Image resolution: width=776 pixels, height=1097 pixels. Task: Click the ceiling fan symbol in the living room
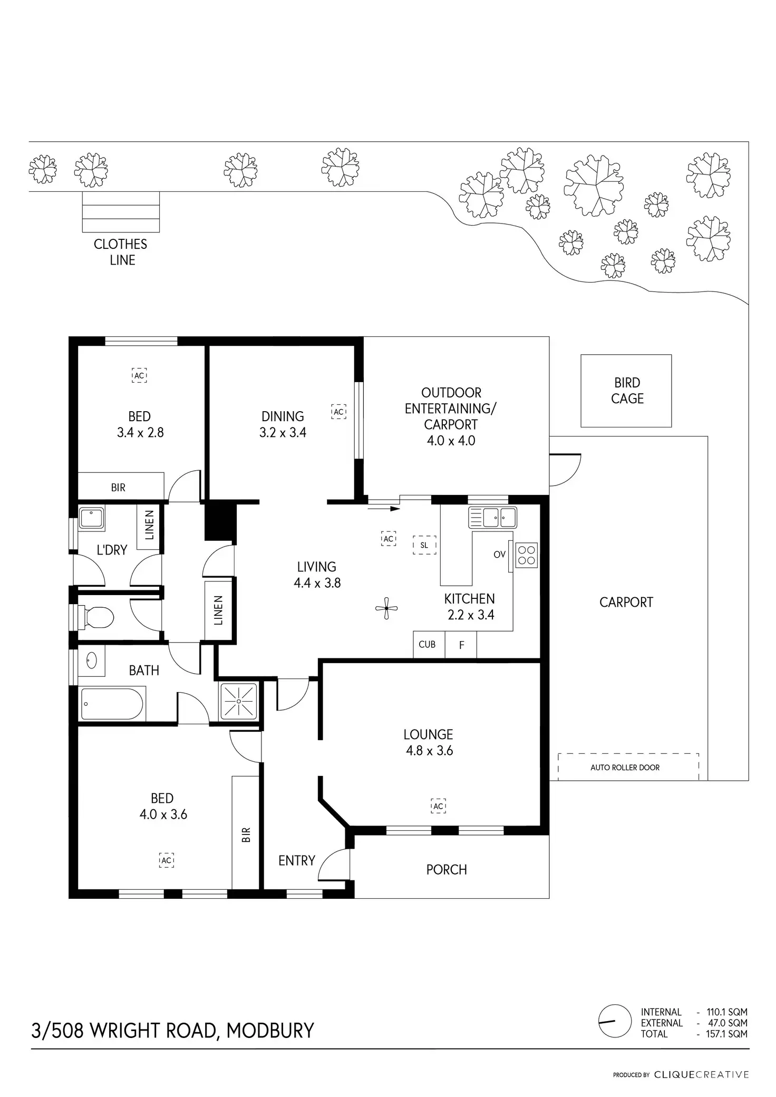386,608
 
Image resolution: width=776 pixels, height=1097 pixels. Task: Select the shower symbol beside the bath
239,701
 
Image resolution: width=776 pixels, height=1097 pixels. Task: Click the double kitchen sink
492,518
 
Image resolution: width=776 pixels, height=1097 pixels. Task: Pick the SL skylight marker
424,546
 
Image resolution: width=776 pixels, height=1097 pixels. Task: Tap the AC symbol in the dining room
338,412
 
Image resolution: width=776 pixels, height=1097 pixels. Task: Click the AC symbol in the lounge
439,806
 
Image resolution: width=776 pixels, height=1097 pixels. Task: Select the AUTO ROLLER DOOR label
625,768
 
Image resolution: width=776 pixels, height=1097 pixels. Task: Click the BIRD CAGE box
626,391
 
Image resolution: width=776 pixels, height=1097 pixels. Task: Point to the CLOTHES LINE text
121,252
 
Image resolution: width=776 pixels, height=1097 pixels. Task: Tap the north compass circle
615,1021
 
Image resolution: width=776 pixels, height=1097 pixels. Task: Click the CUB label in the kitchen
427,644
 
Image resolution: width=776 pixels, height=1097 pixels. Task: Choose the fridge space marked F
461,645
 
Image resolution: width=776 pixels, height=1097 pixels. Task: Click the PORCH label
447,869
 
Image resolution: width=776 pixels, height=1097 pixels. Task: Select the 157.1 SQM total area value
726,1034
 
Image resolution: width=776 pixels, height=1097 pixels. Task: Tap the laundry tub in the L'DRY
92,518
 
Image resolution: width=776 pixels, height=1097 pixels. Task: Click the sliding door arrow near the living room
384,509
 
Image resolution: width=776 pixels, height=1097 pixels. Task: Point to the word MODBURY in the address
270,1030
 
